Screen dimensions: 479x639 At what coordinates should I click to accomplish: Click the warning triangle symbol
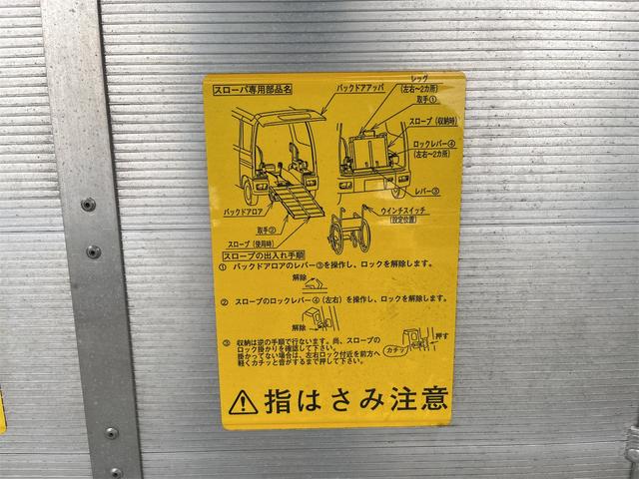pyautogui.click(x=243, y=401)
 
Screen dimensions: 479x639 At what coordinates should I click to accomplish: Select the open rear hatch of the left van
pyautogui.click(x=289, y=116)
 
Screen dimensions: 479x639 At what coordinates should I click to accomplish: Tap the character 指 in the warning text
pyautogui.click(x=276, y=400)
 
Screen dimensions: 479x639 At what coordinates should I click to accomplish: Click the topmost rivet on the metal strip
pyautogui.click(x=89, y=205)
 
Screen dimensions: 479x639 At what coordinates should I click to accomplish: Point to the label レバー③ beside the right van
pyautogui.click(x=428, y=188)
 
